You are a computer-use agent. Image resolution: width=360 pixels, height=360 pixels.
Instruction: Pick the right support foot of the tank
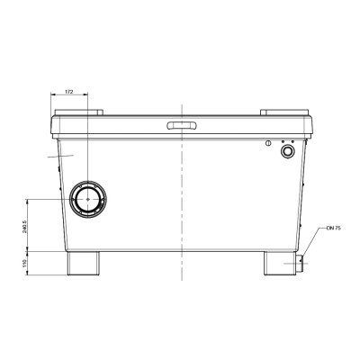click(x=278, y=263)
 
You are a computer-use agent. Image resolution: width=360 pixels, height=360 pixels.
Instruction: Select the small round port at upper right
click(x=288, y=153)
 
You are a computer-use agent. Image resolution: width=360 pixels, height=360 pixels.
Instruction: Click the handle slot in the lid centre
click(x=180, y=124)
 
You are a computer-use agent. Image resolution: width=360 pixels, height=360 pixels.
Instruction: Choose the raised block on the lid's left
click(x=79, y=113)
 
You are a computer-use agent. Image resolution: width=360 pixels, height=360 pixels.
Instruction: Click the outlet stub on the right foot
click(x=300, y=265)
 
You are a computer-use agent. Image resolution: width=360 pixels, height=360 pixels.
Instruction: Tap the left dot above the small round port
click(x=283, y=141)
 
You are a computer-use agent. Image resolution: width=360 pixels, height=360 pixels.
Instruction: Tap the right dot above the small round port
click(x=292, y=141)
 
